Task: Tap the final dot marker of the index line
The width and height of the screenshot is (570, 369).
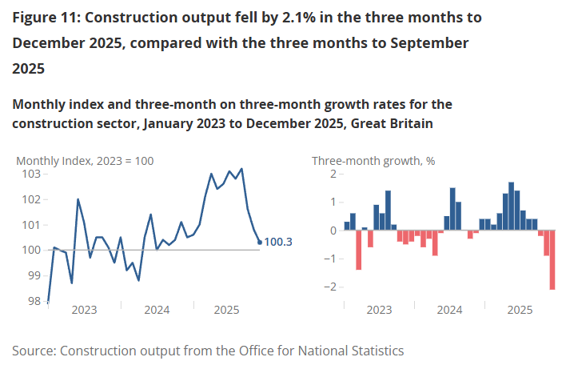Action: pos(260,242)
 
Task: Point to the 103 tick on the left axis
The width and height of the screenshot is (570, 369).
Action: pos(31,174)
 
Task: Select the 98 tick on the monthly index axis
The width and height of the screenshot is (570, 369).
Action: pos(34,301)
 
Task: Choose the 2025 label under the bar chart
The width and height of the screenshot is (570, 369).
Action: pos(520,310)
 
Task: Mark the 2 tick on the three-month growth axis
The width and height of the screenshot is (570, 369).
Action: pos(331,174)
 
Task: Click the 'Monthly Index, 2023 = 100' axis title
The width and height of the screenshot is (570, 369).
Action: pos(85,160)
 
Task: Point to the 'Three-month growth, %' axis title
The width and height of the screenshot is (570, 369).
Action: pos(373,160)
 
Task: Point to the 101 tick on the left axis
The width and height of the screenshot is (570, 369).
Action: pos(31,225)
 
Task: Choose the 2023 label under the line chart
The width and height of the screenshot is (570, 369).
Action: pos(85,310)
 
